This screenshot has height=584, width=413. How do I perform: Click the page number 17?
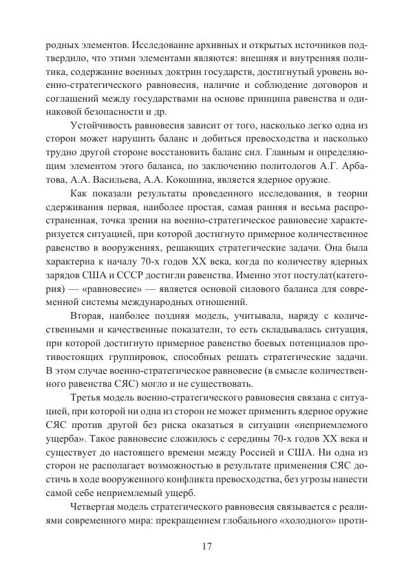(x=206, y=546)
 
